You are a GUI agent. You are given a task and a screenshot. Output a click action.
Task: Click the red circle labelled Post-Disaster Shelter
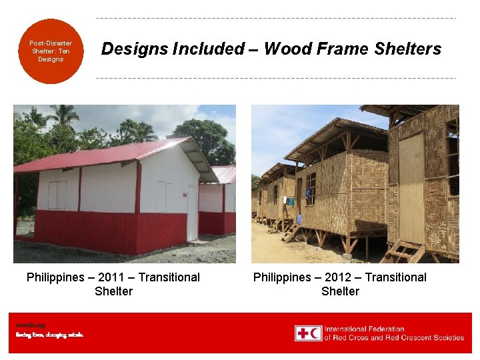tap(51, 51)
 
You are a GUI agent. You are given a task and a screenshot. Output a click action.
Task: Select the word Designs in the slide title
tap(131, 49)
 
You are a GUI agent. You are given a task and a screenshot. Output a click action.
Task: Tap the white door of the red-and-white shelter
tap(192, 213)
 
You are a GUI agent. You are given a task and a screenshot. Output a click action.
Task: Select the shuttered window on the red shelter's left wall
tap(57, 195)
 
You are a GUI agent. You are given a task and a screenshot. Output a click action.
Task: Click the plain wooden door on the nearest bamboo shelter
tap(411, 187)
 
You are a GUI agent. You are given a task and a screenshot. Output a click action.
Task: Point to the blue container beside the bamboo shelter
tap(299, 219)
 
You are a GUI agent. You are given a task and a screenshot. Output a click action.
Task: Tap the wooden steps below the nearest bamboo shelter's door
tap(404, 252)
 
